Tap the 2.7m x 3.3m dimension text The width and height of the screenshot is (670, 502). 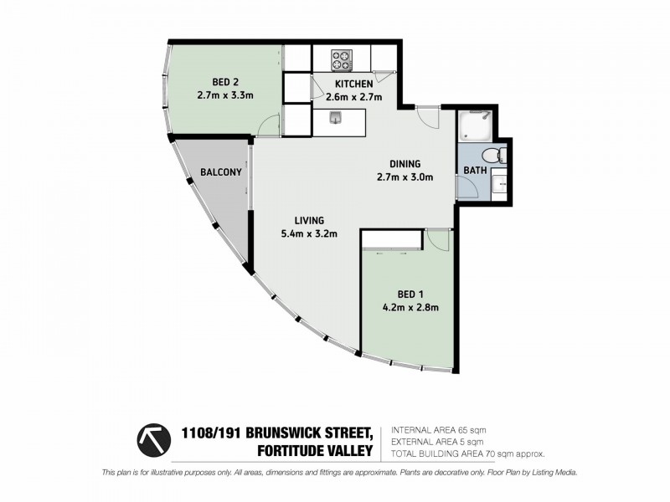click(x=224, y=95)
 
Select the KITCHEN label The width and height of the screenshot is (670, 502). click(x=353, y=85)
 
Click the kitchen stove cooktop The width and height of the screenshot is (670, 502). click(x=342, y=60)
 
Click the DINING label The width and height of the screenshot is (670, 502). click(x=405, y=164)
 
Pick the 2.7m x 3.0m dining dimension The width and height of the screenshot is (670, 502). click(x=405, y=177)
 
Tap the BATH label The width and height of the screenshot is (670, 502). click(x=475, y=172)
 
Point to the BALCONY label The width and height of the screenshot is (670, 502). click(x=221, y=173)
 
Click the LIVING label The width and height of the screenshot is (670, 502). click(x=308, y=221)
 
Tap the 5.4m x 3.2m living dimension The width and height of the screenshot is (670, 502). click(x=308, y=233)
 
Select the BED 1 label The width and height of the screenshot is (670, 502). click(x=410, y=294)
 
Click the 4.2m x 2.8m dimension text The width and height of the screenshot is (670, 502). click(x=410, y=307)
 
